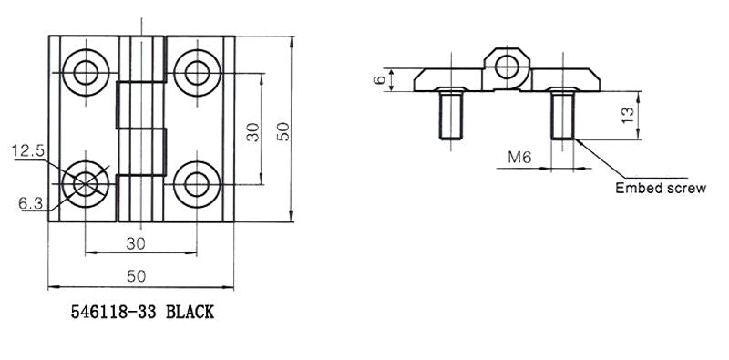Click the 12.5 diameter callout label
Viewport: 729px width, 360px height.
[28, 151]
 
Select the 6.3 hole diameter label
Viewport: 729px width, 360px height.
[31, 203]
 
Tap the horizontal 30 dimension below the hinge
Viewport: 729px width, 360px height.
[136, 243]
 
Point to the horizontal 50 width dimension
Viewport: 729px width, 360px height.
[136, 276]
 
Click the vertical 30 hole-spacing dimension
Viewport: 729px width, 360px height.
[253, 132]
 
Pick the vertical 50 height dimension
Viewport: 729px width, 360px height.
[283, 131]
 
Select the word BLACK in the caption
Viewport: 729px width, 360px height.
[190, 312]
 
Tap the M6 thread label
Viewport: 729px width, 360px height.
[519, 158]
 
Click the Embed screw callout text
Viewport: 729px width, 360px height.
[661, 189]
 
